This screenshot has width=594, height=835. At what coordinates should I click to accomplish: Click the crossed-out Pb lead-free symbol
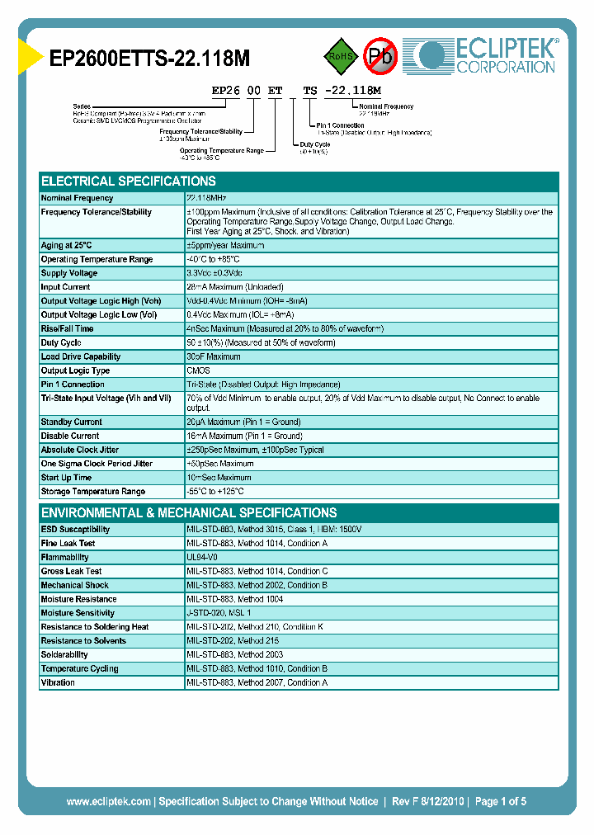381,56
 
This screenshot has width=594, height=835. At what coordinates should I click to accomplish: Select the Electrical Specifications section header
129,182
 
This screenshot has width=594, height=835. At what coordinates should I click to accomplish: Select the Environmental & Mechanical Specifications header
189,512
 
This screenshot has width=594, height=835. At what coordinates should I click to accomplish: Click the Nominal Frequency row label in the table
78,198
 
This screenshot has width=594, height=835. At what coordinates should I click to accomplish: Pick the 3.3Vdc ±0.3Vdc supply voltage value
214,273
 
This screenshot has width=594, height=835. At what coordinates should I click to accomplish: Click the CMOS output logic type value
198,371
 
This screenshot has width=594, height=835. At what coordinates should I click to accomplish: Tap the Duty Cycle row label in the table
61,342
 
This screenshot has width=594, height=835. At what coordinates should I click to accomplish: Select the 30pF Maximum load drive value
214,357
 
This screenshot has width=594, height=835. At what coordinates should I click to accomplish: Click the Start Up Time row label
66,478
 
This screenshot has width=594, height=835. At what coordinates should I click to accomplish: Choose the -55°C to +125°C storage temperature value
221,492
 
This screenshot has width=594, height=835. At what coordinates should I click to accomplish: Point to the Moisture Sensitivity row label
77,613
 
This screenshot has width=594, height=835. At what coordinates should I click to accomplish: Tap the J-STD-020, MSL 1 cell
219,613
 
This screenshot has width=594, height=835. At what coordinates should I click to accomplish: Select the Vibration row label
58,683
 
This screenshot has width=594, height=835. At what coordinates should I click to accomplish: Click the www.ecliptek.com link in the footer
108,801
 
